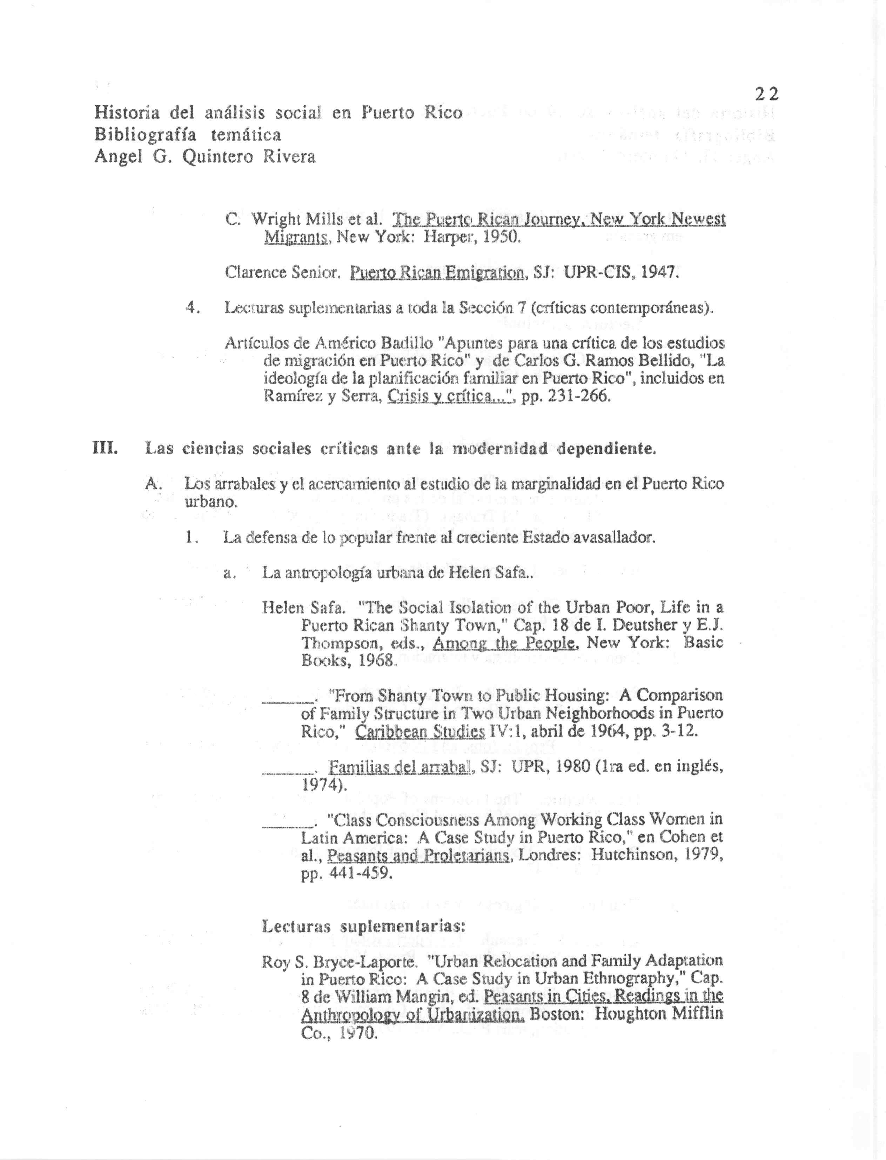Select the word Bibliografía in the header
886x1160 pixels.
(145, 135)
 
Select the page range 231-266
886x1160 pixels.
(579, 396)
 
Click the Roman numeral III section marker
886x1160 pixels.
(105, 448)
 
